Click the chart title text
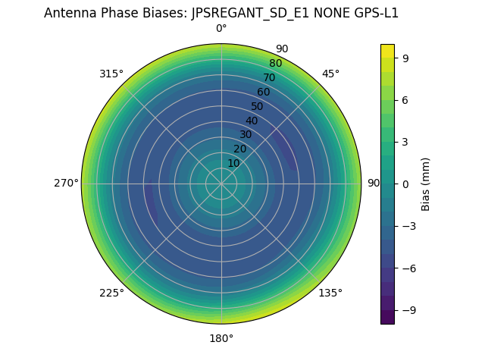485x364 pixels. tap(221, 13)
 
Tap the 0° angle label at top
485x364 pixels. tap(221, 29)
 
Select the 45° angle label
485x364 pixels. tap(330, 74)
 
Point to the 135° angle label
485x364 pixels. tap(330, 293)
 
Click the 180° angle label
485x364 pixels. tap(221, 338)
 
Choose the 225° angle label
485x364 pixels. tap(111, 293)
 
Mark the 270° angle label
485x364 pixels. tap(66, 184)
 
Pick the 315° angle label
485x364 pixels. tap(111, 74)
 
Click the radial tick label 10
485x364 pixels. tap(233, 163)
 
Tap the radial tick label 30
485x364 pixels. tap(246, 134)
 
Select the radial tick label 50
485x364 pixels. tap(257, 106)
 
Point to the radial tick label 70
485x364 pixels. tap(269, 77)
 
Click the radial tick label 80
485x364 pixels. tap(275, 63)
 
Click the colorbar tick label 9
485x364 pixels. tap(406, 57)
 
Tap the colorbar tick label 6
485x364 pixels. tap(406, 99)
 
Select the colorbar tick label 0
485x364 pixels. tap(406, 184)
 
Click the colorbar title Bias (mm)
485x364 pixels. tap(426, 184)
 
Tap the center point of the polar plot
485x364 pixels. tap(221, 184)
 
